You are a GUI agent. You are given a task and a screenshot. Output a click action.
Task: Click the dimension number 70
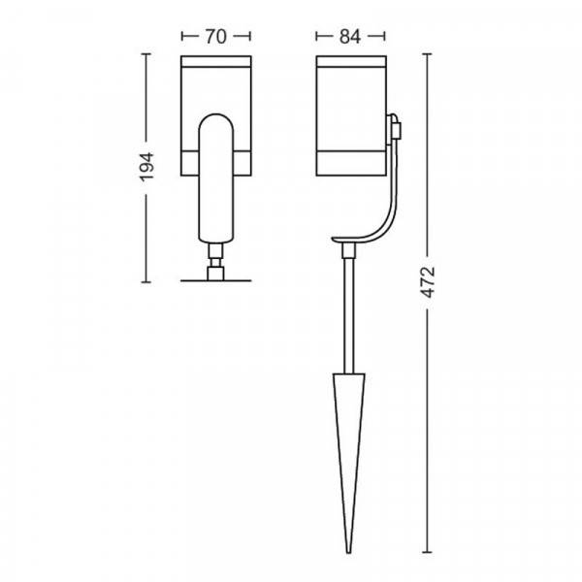(216, 37)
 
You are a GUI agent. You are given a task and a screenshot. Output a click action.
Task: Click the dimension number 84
(349, 37)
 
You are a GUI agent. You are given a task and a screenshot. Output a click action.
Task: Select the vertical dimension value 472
(428, 282)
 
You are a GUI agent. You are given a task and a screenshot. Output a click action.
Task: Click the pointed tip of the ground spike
(348, 552)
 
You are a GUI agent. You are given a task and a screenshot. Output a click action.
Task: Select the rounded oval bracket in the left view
(216, 178)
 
